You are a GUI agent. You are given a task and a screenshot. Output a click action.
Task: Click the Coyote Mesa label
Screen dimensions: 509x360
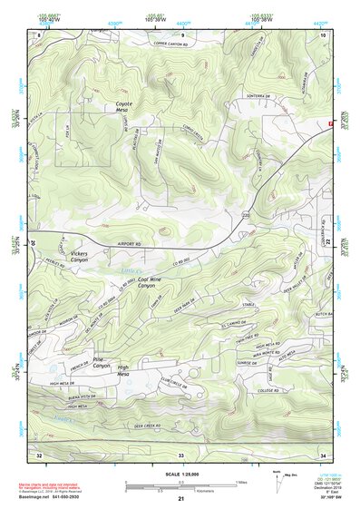pyautogui.click(x=123, y=107)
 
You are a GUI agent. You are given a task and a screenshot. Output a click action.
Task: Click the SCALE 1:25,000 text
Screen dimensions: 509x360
pyautogui.click(x=180, y=473)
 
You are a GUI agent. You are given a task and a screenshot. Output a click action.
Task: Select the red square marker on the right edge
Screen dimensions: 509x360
pyautogui.click(x=331, y=123)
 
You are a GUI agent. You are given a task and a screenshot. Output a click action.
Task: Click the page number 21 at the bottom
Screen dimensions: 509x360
pyautogui.click(x=180, y=499)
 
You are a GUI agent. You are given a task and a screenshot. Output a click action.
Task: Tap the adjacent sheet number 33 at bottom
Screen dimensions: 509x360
pyautogui.click(x=180, y=454)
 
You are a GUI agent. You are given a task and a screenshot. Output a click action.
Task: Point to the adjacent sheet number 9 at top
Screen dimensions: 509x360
pyautogui.click(x=182, y=34)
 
